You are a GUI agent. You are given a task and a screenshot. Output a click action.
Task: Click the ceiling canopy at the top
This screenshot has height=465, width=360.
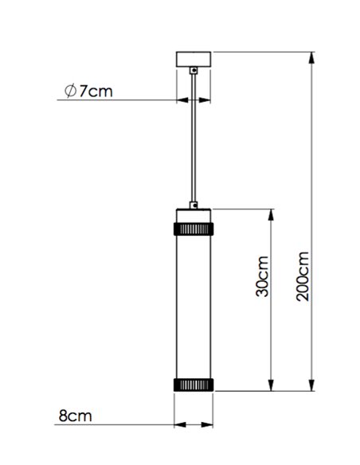[x=194, y=60]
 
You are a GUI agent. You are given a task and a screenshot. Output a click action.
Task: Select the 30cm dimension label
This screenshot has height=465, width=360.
[x=262, y=278]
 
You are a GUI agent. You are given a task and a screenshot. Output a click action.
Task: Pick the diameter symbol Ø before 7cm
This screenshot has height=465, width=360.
[x=70, y=92]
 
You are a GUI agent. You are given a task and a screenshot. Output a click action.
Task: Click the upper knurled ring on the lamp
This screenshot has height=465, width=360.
[x=194, y=229]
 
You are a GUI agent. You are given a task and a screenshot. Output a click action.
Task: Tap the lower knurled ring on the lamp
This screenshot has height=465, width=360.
[x=194, y=384]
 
